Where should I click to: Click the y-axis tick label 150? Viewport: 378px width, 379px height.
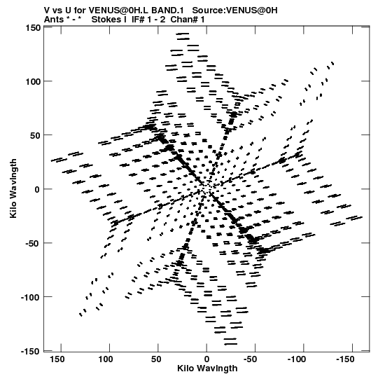click(x=33, y=28)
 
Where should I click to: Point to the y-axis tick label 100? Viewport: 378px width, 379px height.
click(x=33, y=82)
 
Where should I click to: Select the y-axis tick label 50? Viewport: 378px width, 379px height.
click(x=35, y=136)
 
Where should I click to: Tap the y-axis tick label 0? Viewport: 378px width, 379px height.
click(x=37, y=189)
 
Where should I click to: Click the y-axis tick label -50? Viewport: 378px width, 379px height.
click(x=33, y=243)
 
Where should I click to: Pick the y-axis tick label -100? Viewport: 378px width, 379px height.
click(x=31, y=297)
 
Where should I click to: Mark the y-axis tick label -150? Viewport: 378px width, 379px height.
click(x=31, y=351)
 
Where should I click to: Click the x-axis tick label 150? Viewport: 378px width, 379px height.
click(x=57, y=359)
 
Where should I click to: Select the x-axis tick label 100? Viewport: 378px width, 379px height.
click(x=106, y=359)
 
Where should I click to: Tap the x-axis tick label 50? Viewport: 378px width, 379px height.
click(x=156, y=359)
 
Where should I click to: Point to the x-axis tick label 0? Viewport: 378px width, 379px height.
click(x=206, y=359)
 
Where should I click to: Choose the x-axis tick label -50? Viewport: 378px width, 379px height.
click(x=250, y=359)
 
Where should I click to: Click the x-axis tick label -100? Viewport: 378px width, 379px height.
click(x=296, y=359)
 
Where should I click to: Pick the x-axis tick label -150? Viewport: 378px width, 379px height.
click(x=345, y=359)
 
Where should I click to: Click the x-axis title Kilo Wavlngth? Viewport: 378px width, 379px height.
click(x=207, y=368)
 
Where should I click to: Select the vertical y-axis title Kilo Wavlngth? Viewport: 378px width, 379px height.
click(x=13, y=188)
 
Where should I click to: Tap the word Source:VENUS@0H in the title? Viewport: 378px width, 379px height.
click(x=234, y=11)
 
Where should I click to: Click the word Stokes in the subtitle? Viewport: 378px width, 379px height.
click(x=106, y=20)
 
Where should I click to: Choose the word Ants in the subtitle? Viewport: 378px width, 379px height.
click(x=54, y=20)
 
